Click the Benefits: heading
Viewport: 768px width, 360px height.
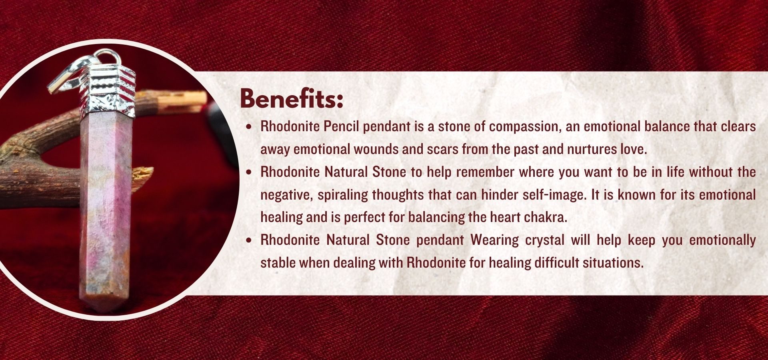tap(292, 98)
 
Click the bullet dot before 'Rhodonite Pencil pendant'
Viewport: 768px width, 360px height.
tap(250, 127)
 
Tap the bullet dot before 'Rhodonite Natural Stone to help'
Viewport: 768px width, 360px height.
tap(250, 173)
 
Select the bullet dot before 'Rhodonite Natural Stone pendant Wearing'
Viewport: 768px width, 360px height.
tap(250, 241)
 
